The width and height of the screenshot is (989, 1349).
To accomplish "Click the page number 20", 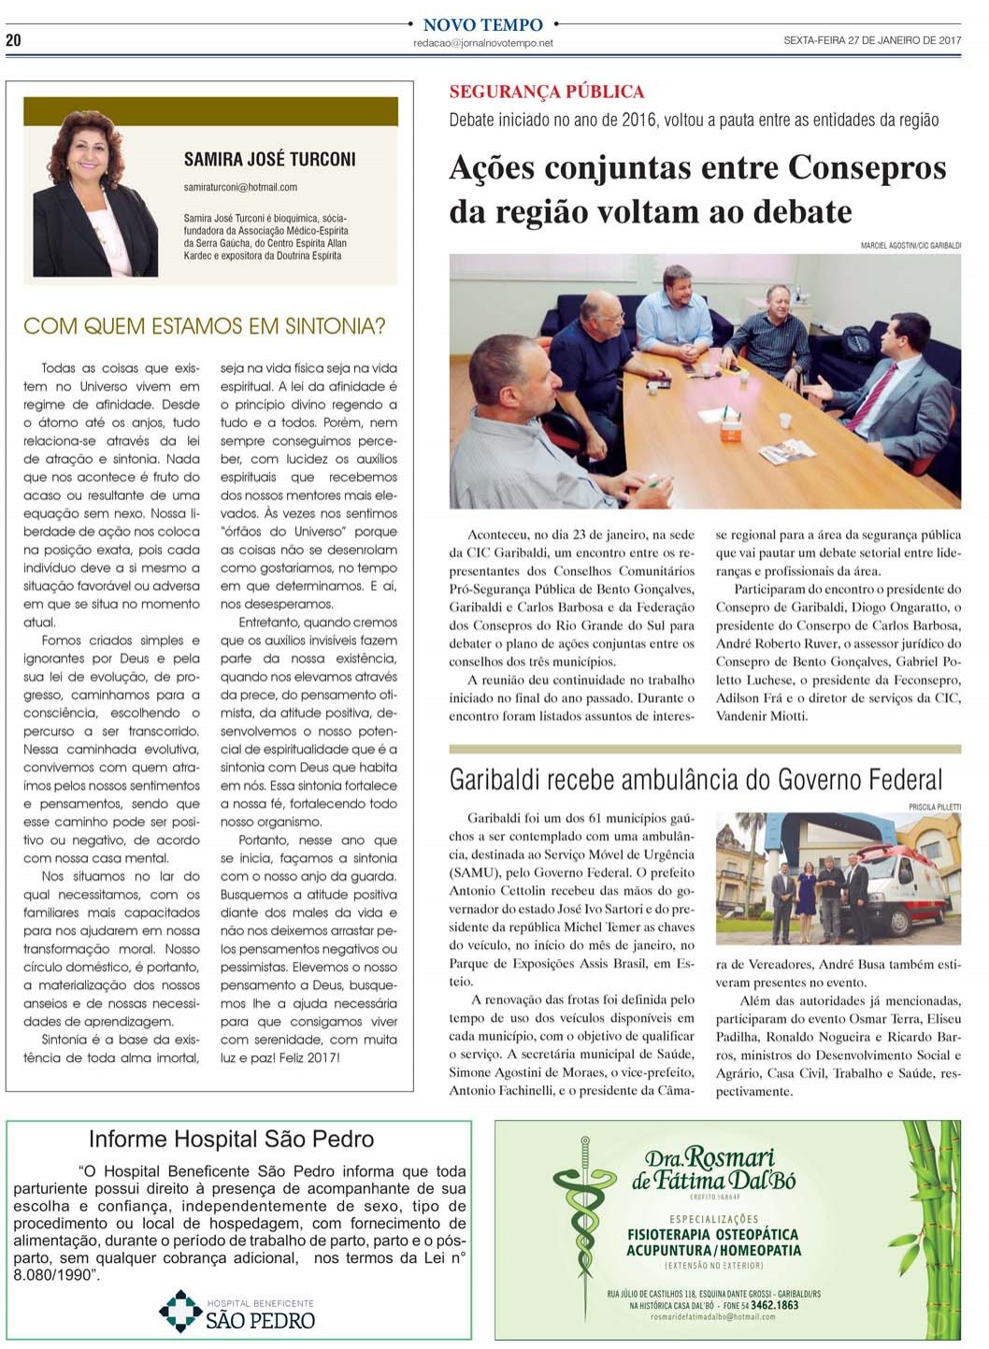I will click(13, 39).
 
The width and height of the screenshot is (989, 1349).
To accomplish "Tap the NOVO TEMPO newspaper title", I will click(482, 25).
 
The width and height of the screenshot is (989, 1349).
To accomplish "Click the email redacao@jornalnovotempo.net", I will click(482, 43).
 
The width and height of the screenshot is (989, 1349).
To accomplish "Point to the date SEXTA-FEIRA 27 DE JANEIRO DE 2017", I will click(871, 40).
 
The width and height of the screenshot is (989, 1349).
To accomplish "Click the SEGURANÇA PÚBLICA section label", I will click(546, 92).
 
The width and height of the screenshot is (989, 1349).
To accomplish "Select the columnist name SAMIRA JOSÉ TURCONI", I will click(269, 160).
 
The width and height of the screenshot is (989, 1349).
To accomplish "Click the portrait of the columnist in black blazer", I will click(94, 195).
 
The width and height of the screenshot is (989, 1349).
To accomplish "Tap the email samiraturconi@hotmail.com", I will click(240, 188).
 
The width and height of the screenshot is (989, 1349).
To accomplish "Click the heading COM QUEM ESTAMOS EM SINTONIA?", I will click(204, 326).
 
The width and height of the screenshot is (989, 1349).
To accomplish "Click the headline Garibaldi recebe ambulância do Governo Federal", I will click(695, 780).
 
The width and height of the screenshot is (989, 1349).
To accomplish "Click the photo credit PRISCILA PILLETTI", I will click(934, 806).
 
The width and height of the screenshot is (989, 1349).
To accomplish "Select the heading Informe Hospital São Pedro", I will click(231, 1140).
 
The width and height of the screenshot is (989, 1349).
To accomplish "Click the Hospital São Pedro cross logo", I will click(180, 1311).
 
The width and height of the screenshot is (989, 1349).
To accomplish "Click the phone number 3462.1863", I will click(774, 1305).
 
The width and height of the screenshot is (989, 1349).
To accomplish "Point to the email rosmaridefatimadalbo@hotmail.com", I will click(712, 1317).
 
